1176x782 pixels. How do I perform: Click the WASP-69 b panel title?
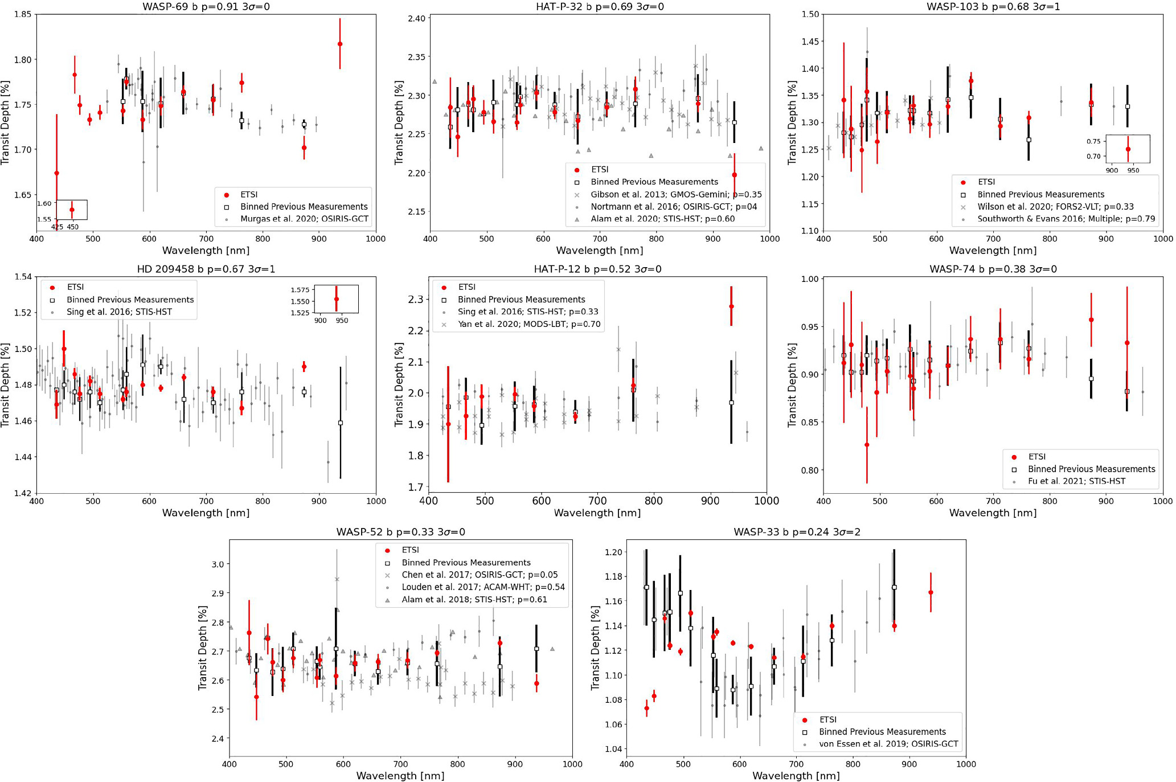[206, 7]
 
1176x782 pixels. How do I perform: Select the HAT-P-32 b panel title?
[600, 7]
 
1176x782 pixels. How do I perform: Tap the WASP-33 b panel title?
[796, 532]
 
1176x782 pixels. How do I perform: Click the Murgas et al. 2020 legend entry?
[304, 219]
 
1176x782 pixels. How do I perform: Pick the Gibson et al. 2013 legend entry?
[676, 194]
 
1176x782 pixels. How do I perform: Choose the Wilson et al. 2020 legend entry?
[1055, 207]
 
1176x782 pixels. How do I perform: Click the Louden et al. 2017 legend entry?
[483, 587]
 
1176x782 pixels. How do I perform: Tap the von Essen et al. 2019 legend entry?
[888, 744]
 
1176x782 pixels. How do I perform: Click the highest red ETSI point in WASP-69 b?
[340, 44]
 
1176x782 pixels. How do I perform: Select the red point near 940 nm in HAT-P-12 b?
[731, 306]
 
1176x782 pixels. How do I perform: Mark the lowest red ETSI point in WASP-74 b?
[867, 445]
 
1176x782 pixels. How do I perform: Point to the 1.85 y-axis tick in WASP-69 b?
[23, 14]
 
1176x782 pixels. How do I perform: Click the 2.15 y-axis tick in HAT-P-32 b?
[417, 212]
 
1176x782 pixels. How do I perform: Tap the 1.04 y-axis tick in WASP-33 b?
[613, 749]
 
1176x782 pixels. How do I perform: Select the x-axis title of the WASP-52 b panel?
[400, 776]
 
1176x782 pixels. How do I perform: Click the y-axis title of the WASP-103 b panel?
[792, 122]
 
